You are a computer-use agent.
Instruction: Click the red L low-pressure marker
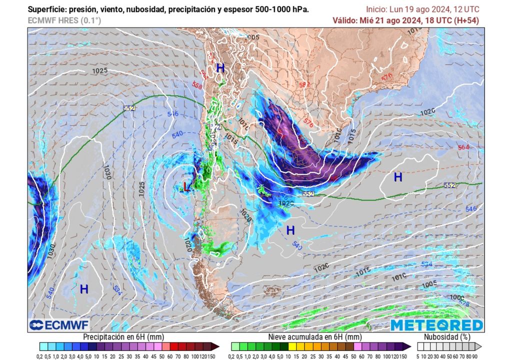(x=186, y=187)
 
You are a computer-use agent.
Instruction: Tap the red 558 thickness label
(x=197, y=85)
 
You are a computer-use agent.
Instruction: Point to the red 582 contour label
(x=304, y=84)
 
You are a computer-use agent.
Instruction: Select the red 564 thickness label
(x=463, y=147)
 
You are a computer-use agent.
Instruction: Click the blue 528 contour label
(x=464, y=303)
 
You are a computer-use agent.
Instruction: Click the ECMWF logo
(x=59, y=325)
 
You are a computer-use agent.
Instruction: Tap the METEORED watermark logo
(x=436, y=325)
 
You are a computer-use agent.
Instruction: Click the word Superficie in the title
(x=45, y=9)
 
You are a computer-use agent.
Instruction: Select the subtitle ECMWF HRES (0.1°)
(x=64, y=20)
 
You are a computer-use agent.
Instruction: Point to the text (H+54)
(x=466, y=20)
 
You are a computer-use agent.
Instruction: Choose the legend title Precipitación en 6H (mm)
(x=123, y=337)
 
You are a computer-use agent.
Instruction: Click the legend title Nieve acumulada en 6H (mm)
(x=314, y=337)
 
